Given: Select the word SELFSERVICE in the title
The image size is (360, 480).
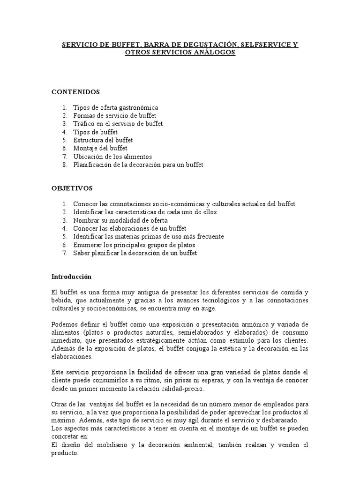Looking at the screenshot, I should point(264,45).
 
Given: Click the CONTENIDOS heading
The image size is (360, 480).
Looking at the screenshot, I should point(75,92).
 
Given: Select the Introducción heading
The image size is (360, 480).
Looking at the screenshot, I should point(71,277).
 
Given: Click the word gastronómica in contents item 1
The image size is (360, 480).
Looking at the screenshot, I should point(139,107).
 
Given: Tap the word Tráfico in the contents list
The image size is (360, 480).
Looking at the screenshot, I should point(83,124).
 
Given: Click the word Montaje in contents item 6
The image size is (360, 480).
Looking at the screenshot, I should point(85,148).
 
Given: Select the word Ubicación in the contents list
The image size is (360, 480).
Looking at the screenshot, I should point(88,157).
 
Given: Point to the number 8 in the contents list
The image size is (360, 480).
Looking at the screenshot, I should point(64,165).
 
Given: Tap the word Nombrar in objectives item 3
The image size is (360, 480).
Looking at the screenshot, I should point(86,220).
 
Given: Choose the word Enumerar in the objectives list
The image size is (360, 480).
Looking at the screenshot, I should point(88,245).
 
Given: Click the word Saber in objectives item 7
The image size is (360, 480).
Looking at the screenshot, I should point(81,253).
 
